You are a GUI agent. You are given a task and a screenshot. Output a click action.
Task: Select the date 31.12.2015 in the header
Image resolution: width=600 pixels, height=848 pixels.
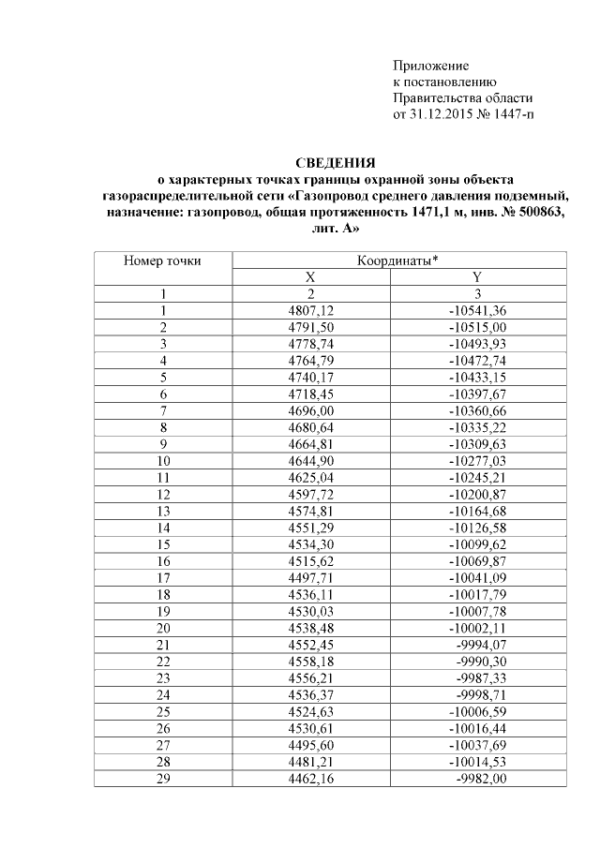tap(442, 115)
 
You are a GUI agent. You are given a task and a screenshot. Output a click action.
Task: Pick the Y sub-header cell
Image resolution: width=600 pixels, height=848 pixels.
tap(477, 277)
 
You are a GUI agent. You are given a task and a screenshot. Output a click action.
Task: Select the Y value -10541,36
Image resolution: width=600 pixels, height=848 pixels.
tap(477, 310)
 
